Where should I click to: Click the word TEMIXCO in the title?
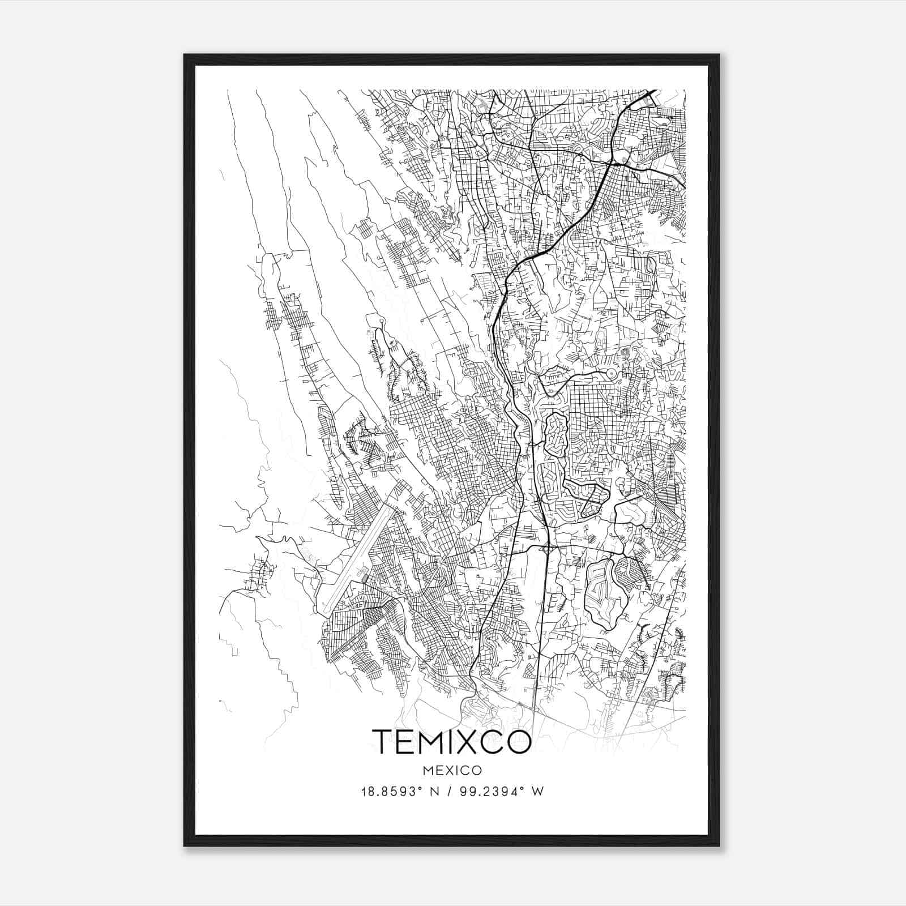451,742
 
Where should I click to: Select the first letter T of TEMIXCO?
382,742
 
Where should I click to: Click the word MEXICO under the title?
452,771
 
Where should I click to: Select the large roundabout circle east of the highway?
610,374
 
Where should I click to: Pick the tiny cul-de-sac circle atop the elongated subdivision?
382,322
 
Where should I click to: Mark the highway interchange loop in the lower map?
546,548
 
